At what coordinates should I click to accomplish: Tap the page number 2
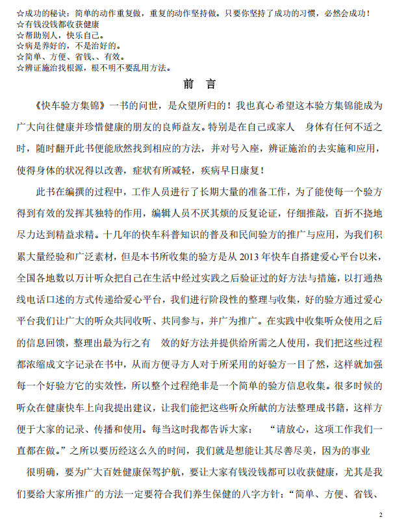pos(381,514)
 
